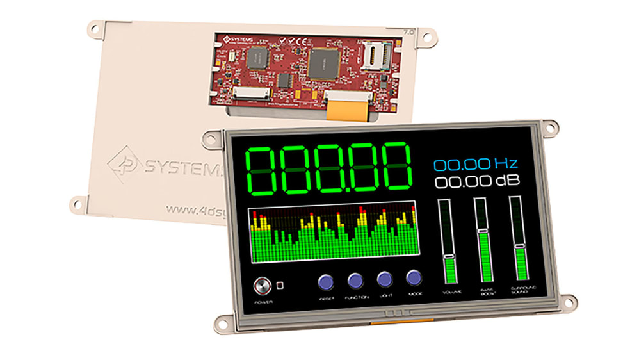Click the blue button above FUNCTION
[x=355, y=279]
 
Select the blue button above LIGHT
[x=384, y=279]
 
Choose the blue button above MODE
[x=414, y=278]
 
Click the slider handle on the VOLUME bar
[x=449, y=256]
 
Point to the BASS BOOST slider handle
[x=483, y=231]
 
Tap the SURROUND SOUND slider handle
[x=519, y=246]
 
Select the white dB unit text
[x=505, y=181]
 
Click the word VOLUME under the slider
[x=451, y=291]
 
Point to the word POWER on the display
[x=263, y=300]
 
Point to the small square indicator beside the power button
[x=280, y=284]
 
